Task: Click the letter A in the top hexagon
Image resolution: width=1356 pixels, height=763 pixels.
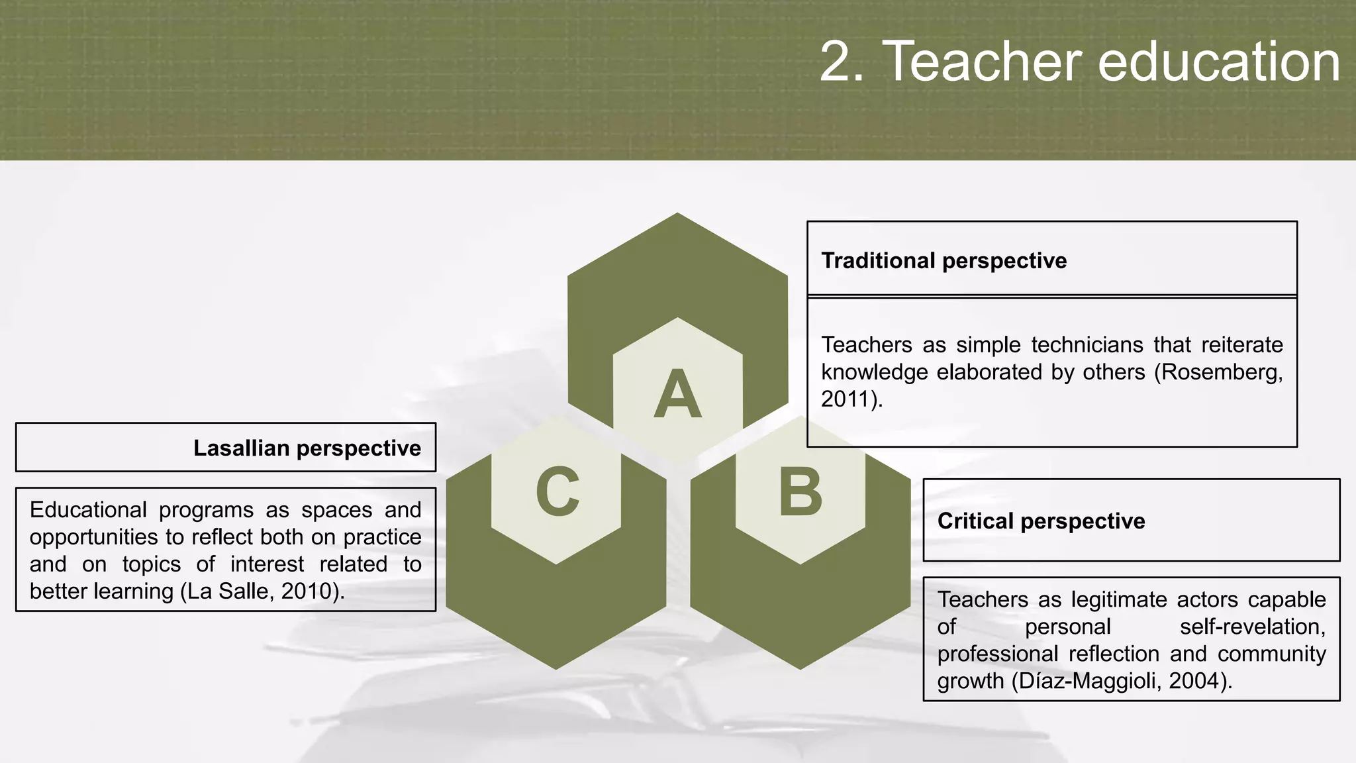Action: (x=677, y=395)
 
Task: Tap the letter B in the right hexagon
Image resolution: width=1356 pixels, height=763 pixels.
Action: (x=800, y=493)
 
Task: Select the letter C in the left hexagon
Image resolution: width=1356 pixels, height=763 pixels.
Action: (x=557, y=492)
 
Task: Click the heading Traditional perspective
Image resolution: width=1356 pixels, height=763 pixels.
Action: (x=944, y=261)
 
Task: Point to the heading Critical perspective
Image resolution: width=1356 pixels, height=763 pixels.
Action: (x=1041, y=521)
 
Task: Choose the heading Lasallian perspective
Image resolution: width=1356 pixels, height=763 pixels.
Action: (x=307, y=448)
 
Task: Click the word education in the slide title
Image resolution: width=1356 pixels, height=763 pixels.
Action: (x=1218, y=62)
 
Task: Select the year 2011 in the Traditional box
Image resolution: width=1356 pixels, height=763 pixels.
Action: (x=846, y=399)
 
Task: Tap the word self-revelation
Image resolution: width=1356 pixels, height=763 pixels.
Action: (x=1252, y=627)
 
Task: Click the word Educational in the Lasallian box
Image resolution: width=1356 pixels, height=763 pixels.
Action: (x=88, y=510)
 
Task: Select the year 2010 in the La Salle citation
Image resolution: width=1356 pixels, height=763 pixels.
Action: (x=305, y=591)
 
